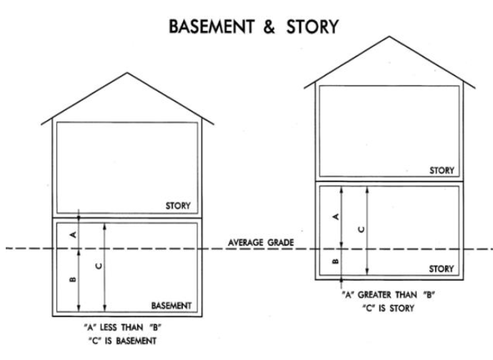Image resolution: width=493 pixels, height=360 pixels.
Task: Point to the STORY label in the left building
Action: (x=179, y=206)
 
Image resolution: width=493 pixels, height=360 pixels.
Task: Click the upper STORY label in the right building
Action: (x=442, y=171)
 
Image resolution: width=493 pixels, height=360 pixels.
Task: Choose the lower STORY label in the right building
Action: (x=441, y=269)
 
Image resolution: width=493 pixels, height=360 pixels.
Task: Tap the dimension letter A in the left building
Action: (x=73, y=233)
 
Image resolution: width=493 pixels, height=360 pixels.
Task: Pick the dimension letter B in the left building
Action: (x=73, y=279)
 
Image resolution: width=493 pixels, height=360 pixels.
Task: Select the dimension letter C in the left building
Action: (x=99, y=266)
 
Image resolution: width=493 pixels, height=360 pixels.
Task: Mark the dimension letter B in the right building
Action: (x=335, y=262)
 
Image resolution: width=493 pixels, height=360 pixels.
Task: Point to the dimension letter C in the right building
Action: (x=360, y=229)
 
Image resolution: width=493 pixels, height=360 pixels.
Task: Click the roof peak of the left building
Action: (x=126, y=73)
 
